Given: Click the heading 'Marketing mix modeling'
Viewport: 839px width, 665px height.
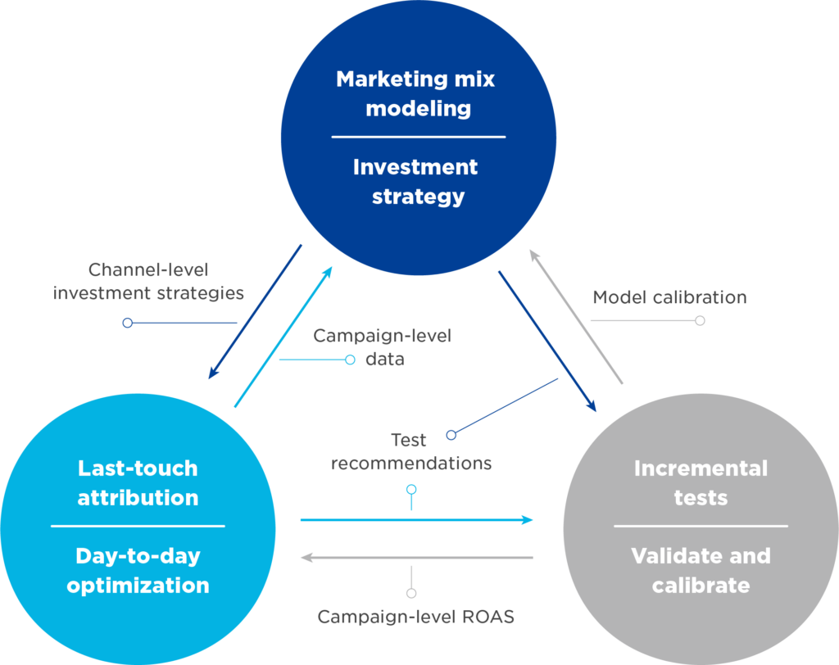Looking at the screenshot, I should [416, 93].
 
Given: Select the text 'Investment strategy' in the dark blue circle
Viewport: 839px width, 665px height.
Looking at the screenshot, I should [416, 182].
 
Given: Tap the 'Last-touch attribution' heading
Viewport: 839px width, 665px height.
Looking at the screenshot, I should [138, 482].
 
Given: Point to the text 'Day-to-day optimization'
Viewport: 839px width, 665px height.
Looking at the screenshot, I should [138, 571].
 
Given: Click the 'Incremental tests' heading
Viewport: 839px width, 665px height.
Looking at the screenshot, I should [701, 482].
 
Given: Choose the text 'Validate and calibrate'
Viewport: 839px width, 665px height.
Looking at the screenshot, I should [701, 571].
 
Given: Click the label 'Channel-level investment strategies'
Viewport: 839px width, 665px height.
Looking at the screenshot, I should [148, 281].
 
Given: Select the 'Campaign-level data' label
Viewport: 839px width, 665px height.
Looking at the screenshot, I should [383, 346].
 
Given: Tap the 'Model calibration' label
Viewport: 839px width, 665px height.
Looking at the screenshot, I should [669, 296].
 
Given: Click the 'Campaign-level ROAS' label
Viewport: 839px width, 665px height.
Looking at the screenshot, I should [416, 617].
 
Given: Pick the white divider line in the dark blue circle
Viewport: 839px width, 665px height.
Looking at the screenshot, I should [418, 137].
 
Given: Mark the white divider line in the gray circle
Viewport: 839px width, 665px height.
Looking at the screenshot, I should [701, 526].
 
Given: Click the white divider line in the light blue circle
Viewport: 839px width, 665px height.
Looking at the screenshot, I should [138, 526].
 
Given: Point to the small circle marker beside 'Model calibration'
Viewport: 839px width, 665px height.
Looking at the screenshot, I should [700, 320].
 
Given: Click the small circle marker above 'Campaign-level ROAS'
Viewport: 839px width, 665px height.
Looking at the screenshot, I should [411, 592].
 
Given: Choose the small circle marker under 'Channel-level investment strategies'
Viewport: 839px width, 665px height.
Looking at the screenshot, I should [127, 323].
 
